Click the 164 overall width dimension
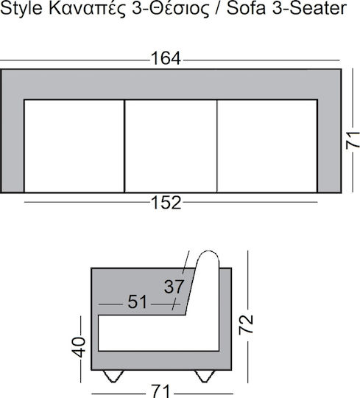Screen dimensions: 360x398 tap(166, 58)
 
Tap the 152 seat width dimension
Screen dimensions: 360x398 tap(166, 203)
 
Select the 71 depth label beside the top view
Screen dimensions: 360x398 tap(353, 140)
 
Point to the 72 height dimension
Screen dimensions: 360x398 tap(246, 324)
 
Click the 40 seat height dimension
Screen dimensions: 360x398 tap(79, 347)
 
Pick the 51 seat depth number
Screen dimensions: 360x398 tap(137, 301)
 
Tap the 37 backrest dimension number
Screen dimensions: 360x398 tap(174, 287)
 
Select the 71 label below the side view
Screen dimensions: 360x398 tap(160, 391)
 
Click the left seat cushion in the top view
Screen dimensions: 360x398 tap(74, 146)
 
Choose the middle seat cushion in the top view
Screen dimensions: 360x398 tap(171, 146)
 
